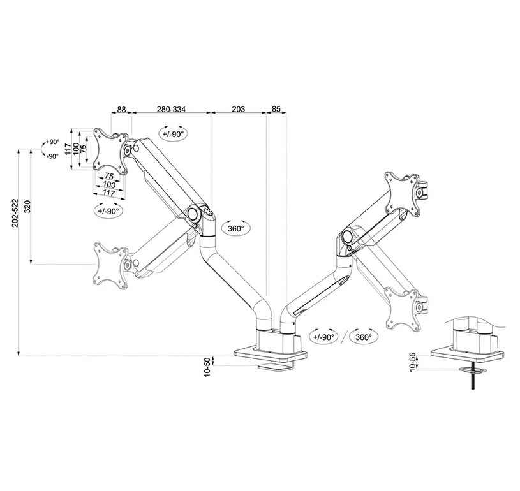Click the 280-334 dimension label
click(x=171, y=110)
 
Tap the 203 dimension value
click(x=239, y=110)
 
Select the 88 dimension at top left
click(x=121, y=110)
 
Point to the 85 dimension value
click(x=276, y=110)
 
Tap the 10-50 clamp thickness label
click(x=207, y=367)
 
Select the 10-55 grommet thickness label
click(x=413, y=362)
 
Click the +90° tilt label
click(x=52, y=142)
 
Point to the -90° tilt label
click(x=52, y=156)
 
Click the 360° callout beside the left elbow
click(x=235, y=228)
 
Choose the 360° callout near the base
click(x=364, y=337)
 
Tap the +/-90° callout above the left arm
click(x=173, y=134)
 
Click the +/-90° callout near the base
click(x=322, y=337)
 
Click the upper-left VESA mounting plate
click(x=110, y=150)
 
